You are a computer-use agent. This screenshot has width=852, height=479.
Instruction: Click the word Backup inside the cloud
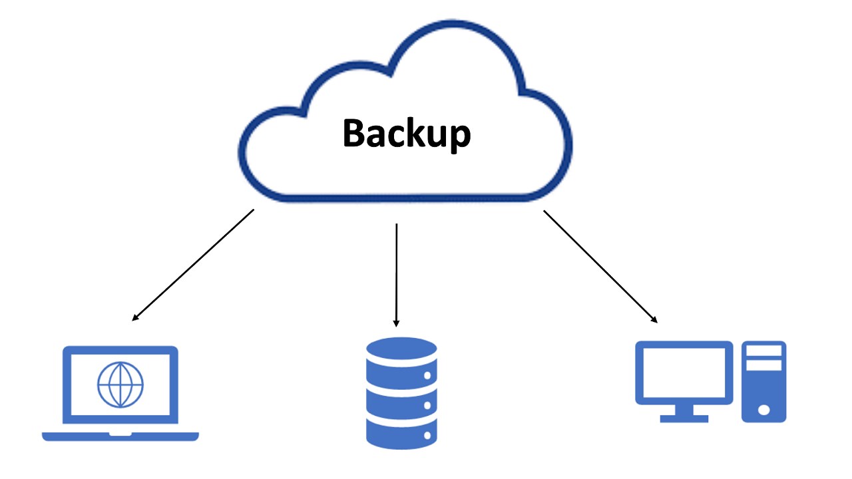[x=406, y=133]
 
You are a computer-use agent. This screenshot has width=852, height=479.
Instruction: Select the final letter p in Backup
[x=460, y=136]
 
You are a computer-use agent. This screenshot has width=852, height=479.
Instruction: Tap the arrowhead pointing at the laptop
[x=136, y=317]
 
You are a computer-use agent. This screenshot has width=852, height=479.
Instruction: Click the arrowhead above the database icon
[x=397, y=322]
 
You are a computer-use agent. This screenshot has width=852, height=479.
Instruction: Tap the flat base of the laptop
[x=120, y=436]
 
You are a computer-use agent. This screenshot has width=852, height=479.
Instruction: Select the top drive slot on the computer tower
[x=764, y=351]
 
